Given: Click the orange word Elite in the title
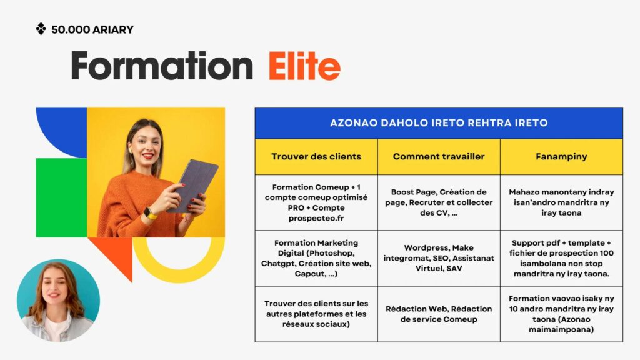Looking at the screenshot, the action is click(x=304, y=66).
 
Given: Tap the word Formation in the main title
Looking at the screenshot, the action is click(x=162, y=65).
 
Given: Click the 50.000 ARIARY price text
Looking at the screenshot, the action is click(x=92, y=30).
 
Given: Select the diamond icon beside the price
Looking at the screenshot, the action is click(x=41, y=29).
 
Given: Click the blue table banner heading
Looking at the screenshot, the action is click(x=439, y=123).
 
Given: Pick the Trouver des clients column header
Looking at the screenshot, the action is click(x=316, y=156).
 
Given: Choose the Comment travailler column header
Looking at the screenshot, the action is click(x=439, y=156).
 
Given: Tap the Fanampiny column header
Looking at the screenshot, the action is click(x=561, y=156).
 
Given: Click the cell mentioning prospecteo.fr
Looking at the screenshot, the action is click(x=316, y=202).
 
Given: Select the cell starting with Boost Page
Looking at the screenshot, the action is click(x=439, y=202).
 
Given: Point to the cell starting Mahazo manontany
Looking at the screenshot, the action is click(x=561, y=202).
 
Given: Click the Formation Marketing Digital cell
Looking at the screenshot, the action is click(x=316, y=258).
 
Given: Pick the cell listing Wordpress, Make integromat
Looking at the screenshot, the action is click(x=439, y=258).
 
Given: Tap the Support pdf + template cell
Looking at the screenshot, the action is click(x=561, y=258).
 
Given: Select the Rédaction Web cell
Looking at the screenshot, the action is click(x=439, y=314).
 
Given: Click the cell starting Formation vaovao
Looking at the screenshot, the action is click(x=561, y=314).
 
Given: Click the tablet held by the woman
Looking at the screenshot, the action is click(x=194, y=185).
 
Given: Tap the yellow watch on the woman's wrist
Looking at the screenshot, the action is click(x=150, y=214).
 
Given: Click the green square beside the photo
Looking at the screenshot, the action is click(x=61, y=197).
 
